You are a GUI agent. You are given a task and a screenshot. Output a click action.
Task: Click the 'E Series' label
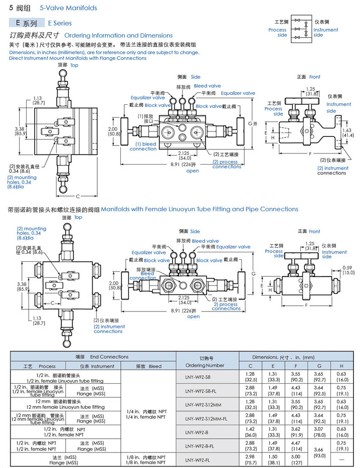tap(60, 23)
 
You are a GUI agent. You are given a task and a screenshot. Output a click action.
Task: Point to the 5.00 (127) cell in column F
tap(296, 459)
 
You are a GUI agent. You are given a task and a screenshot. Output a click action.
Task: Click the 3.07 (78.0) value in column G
tap(319, 432)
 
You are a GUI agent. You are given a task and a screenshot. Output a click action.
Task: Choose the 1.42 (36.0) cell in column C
tap(250, 432)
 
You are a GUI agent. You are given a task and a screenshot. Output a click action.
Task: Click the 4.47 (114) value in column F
tap(296, 445)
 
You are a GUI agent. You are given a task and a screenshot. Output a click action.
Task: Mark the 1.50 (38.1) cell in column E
tap(273, 459)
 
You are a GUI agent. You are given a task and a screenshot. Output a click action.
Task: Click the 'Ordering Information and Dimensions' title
tap(118, 36)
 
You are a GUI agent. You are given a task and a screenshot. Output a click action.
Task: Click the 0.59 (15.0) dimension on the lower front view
tap(348, 269)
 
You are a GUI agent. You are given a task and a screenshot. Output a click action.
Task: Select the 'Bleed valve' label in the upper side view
tap(207, 86)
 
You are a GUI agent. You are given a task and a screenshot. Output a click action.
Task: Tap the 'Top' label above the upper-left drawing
tap(74, 65)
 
